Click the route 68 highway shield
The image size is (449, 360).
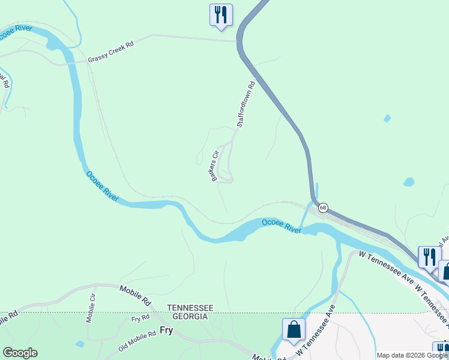pos(323,208)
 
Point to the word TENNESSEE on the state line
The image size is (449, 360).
pos(190,307)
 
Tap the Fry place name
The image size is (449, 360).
pos(167,330)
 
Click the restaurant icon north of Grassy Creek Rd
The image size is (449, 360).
pos(221,14)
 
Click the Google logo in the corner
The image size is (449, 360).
pos(20,353)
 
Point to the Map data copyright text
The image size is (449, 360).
pos(412,355)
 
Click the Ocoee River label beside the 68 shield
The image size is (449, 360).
pos(281,226)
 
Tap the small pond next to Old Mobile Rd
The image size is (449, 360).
pos(80,344)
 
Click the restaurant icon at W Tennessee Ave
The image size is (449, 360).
pos(429,256)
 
